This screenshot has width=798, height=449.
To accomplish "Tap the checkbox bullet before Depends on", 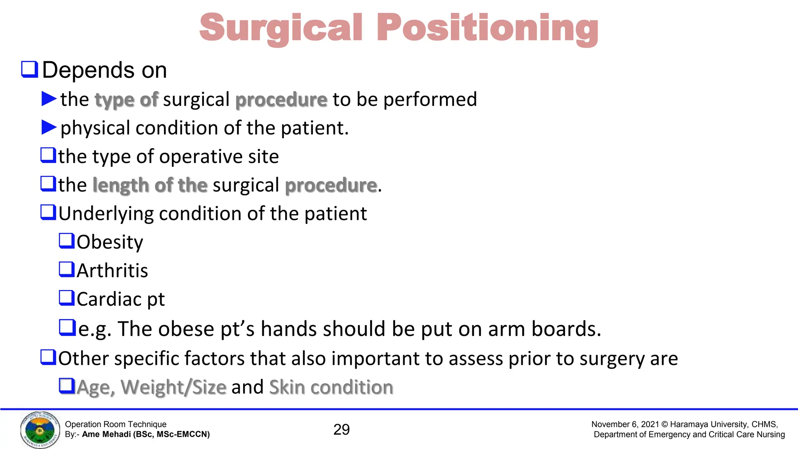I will point(30,69).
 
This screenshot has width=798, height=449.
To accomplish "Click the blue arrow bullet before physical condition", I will point(49,127).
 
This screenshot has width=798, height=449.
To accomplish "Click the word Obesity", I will point(110,242).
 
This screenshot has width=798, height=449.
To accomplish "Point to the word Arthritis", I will point(112,270).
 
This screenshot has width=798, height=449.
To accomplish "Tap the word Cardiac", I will point(109,299).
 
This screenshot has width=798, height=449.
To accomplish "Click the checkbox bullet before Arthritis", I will point(67,269).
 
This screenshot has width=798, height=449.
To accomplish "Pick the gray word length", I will point(121,185).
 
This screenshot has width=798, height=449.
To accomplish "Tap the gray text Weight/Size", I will point(173,387).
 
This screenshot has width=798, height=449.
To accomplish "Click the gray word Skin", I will point(287,387).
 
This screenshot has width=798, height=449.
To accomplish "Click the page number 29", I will point(341,430).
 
